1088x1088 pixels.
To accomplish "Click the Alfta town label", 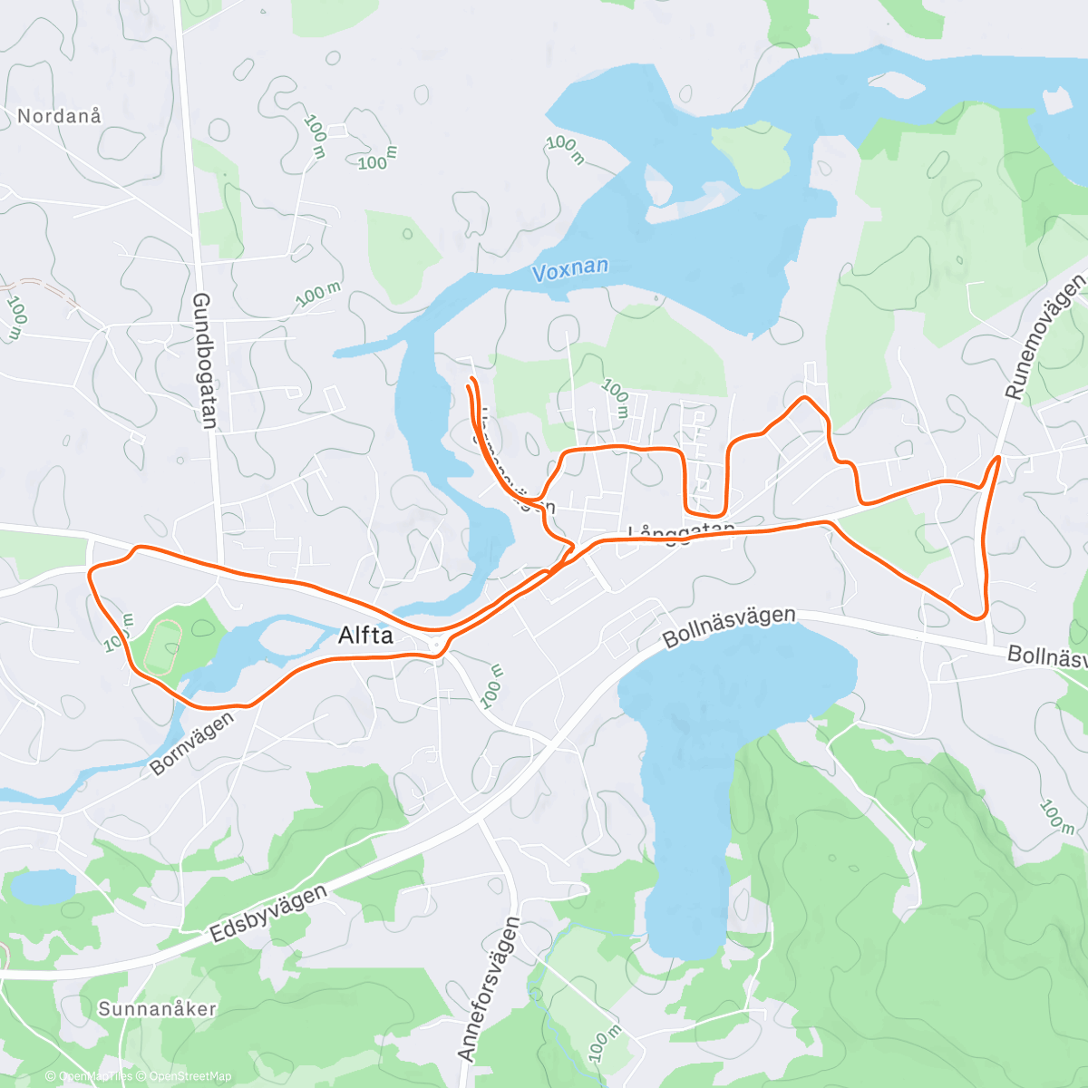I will click(365, 636).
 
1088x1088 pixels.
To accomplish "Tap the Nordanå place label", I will click(60, 116).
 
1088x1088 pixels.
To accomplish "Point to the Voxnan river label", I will click(569, 270).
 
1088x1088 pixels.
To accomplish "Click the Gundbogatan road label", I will click(205, 360).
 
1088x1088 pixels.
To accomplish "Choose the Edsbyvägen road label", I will click(268, 915).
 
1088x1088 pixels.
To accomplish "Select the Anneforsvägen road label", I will click(490, 989).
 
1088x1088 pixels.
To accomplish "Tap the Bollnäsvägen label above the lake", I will click(729, 627).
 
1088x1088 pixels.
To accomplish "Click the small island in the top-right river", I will click(895, 83).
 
